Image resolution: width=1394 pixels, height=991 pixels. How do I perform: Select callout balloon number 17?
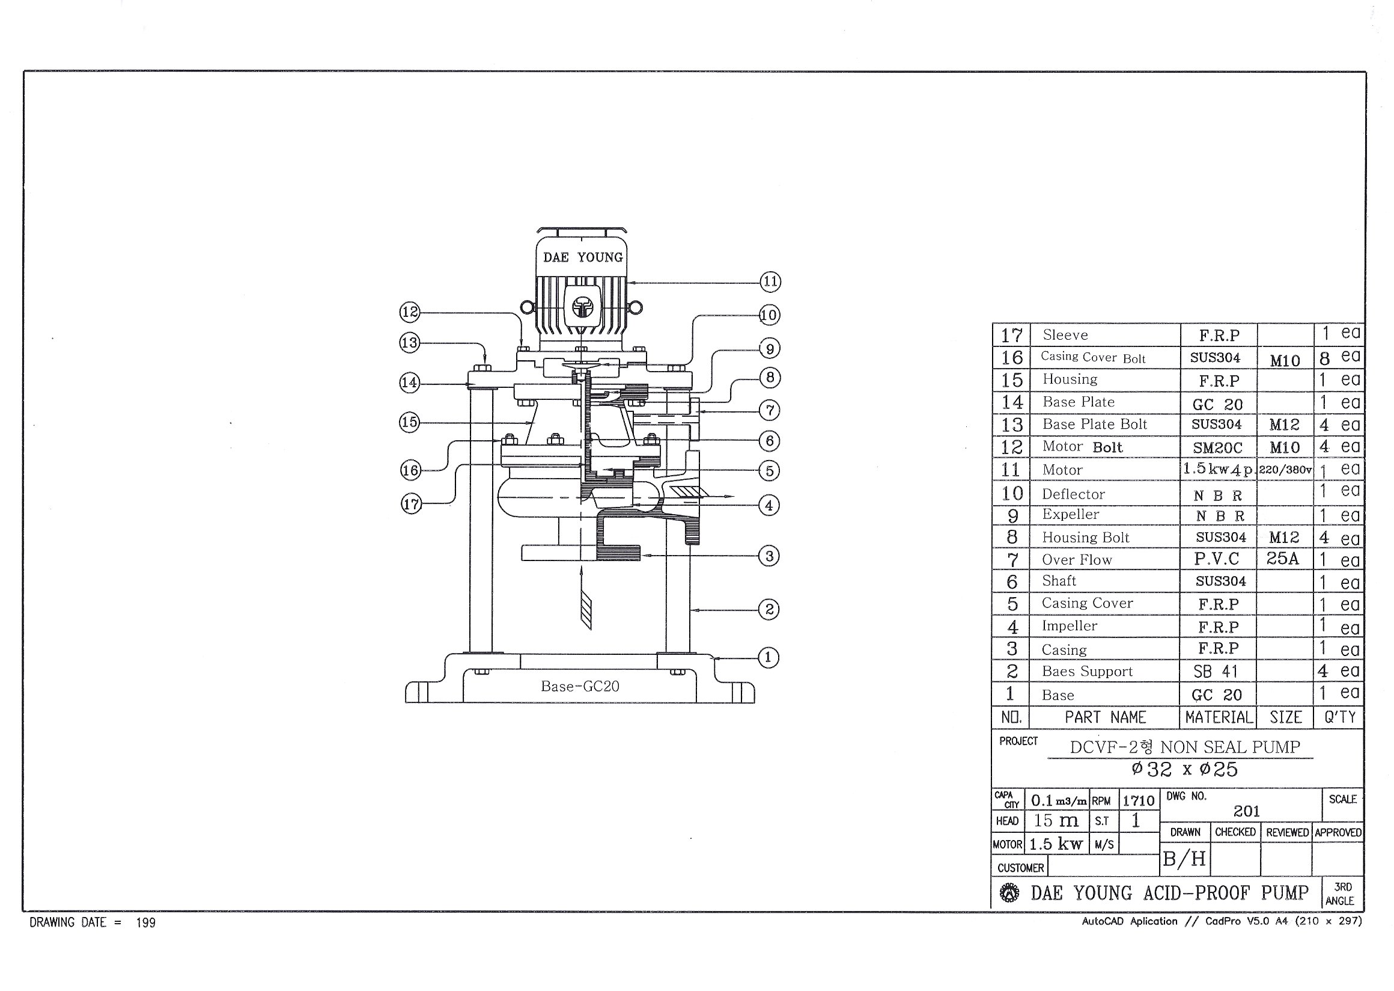click(x=411, y=504)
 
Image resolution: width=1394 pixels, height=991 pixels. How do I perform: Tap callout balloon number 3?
click(x=769, y=556)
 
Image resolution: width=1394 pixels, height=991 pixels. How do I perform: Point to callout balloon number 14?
click(x=409, y=382)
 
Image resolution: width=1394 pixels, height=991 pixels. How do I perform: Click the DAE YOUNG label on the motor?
click(x=583, y=257)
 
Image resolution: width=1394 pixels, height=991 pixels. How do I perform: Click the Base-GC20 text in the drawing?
click(x=580, y=687)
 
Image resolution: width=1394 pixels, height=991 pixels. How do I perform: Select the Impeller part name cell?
click(x=1069, y=625)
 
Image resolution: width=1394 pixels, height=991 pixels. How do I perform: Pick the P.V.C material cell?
click(x=1217, y=559)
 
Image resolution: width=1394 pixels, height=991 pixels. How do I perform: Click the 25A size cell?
click(x=1282, y=559)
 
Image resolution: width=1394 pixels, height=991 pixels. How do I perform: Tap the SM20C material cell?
click(x=1217, y=447)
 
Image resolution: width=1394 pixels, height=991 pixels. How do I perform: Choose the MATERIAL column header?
click(x=1219, y=717)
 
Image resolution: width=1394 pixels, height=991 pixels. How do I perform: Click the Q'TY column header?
click(x=1340, y=717)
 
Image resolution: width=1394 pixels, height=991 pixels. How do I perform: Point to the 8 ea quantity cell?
click(x=1339, y=357)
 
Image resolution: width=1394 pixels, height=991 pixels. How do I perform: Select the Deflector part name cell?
click(x=1073, y=494)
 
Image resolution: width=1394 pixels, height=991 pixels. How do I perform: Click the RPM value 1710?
click(x=1139, y=800)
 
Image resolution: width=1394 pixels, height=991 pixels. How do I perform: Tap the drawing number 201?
click(x=1246, y=811)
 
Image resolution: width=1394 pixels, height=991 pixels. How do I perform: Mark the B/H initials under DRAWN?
click(x=1184, y=859)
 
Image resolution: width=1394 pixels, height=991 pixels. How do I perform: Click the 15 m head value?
click(x=1056, y=821)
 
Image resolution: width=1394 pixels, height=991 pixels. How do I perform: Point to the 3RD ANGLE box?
click(x=1343, y=894)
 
